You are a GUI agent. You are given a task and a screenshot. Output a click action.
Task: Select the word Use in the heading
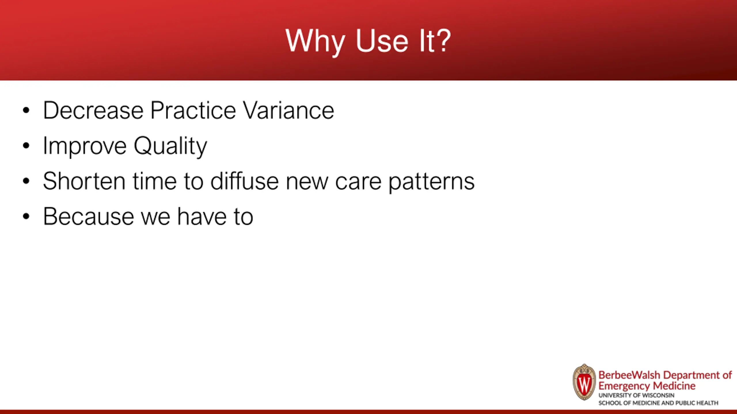[x=382, y=41]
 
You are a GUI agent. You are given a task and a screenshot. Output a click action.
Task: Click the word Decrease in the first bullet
[x=93, y=110]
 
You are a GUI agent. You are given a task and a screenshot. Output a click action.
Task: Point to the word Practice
[x=193, y=110]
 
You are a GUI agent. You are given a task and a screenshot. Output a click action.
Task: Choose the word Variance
[x=288, y=110]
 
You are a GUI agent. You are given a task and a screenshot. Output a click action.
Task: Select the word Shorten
[x=84, y=181]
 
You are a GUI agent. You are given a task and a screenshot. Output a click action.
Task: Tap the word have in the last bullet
[x=202, y=216]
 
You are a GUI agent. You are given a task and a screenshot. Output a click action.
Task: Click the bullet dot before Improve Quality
[x=26, y=146]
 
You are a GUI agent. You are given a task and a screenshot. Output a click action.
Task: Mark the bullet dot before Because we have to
[x=26, y=216]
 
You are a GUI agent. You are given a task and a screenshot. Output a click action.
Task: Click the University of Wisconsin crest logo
[x=584, y=382]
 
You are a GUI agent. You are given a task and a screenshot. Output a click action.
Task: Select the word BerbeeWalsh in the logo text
[x=629, y=375]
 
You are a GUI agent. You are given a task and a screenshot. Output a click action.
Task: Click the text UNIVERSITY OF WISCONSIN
[x=637, y=396]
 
